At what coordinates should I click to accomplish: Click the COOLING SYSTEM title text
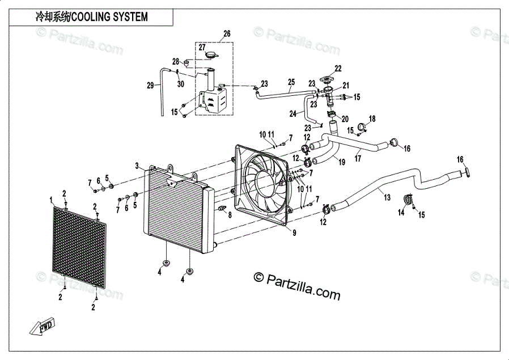pos(109,16)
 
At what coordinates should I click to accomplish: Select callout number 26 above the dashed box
pos(227,33)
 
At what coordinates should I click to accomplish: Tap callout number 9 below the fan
pos(294,233)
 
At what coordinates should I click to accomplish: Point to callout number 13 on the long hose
pos(387,197)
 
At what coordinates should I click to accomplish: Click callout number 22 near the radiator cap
pos(338,69)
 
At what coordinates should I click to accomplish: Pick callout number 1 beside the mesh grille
pos(51,200)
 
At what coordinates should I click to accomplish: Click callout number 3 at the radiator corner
pos(137,166)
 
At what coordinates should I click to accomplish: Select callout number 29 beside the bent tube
pos(150,86)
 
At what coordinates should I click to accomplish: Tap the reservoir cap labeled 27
pos(211,55)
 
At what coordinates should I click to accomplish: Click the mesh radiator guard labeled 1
pos(79,248)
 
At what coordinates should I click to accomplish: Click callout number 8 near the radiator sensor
pos(230,214)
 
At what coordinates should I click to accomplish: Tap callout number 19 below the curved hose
pos(341,162)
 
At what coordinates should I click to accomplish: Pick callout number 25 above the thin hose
pos(291,82)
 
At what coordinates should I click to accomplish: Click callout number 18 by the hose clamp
pos(372,119)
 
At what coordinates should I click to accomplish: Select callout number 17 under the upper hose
pos(358,158)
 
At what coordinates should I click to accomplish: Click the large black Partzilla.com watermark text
pos(296,285)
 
